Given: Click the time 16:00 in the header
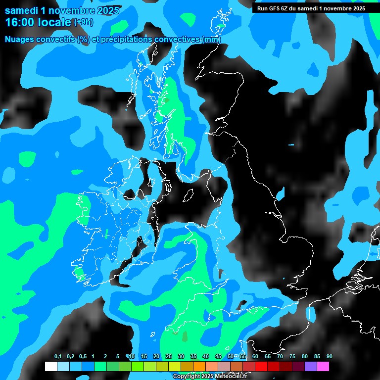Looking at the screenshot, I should click(20, 22).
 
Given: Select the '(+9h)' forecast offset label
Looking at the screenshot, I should click(83, 22).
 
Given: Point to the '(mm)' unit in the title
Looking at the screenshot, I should click(211, 39).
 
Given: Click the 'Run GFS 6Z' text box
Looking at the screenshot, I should click(311, 8).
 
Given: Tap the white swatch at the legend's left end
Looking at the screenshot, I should click(50, 366).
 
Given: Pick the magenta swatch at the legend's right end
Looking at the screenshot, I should click(323, 366).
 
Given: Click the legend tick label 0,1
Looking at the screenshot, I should click(57, 356).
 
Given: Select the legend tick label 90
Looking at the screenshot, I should click(330, 356).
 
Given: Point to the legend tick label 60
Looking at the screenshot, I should click(255, 356).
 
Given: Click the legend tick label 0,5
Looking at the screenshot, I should click(83, 356).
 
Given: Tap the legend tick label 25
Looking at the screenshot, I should click(169, 356).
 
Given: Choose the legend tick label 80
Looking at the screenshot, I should click(305, 356).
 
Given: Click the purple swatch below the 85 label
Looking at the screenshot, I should click(311, 366).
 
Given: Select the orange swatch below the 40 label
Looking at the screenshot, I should click(199, 366).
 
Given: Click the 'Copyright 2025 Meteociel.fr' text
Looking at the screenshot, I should click(210, 376).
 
